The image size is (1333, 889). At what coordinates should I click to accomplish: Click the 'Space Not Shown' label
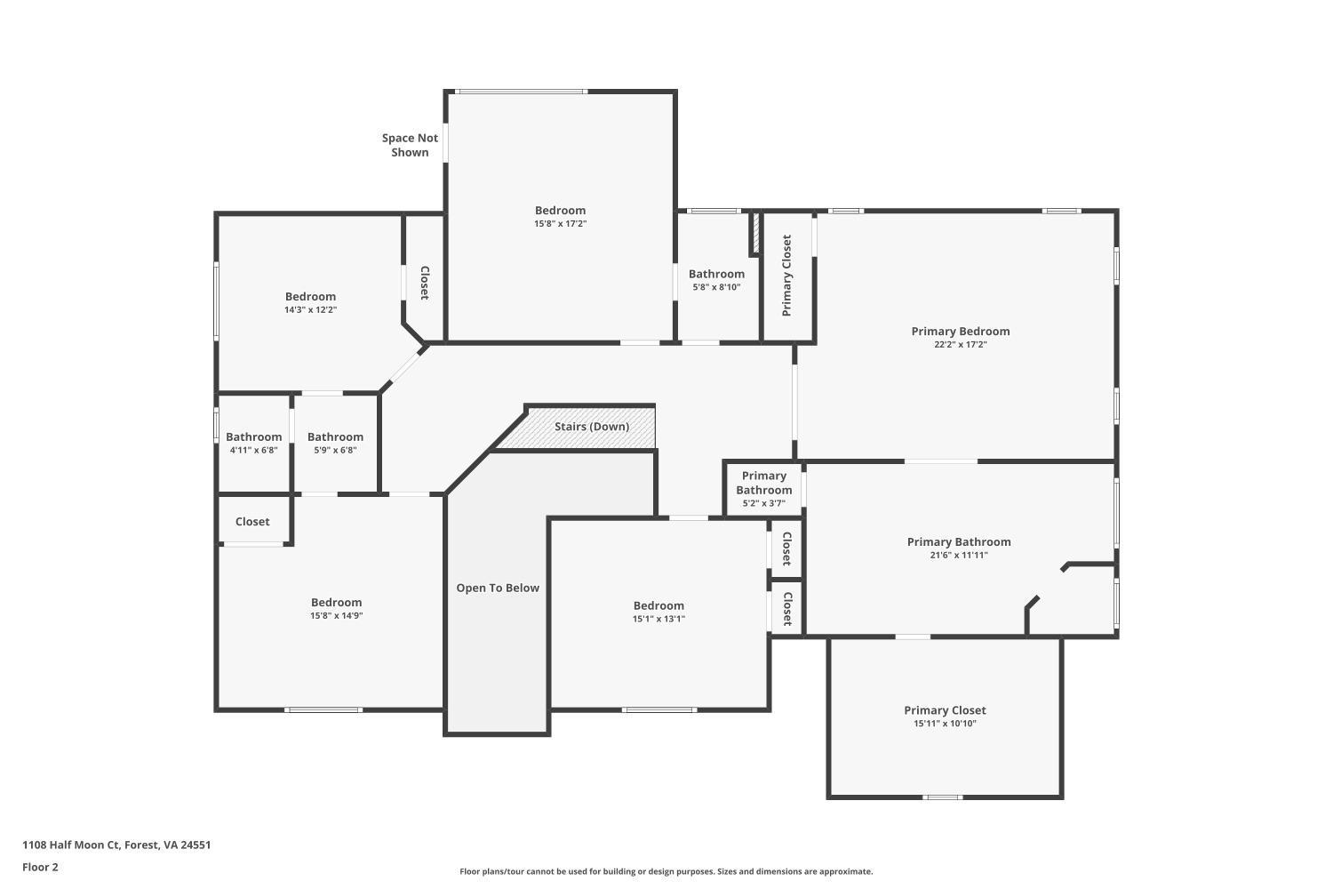410,145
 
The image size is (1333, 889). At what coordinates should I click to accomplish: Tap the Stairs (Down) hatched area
591,427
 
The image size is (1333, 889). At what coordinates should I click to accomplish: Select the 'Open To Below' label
498,588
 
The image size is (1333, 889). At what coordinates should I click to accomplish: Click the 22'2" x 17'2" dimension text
960,345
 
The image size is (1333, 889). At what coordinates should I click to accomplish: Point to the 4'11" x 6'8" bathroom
253,443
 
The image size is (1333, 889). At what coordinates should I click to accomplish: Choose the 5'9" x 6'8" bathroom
335,443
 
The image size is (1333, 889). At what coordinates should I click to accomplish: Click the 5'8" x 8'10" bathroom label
716,280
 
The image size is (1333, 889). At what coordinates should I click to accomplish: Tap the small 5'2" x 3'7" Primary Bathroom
763,489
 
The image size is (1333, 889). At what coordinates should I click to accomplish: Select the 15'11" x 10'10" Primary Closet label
945,716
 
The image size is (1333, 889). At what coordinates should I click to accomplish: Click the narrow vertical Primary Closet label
786,276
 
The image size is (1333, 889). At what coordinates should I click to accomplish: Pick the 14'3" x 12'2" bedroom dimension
310,310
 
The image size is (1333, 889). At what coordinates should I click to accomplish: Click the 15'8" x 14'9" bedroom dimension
336,615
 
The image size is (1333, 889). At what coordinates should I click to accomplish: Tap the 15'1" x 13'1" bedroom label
659,612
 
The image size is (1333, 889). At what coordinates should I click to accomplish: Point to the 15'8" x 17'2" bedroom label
560,216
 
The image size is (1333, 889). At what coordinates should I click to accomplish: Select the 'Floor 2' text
40,868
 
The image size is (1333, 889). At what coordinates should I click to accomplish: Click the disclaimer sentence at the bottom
666,872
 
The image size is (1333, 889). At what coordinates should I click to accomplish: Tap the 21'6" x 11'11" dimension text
959,556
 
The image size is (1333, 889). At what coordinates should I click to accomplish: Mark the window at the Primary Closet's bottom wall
943,797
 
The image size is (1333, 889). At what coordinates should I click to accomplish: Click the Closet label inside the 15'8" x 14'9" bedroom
252,522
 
